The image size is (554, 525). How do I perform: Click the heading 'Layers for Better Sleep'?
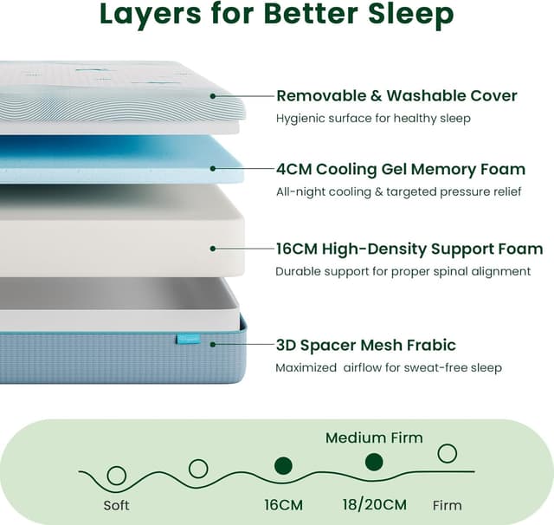tap(276, 15)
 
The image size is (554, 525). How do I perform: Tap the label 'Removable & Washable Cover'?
tap(396, 95)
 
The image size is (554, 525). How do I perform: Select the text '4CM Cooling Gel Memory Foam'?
tap(400, 169)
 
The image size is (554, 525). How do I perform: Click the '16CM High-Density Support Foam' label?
tap(408, 250)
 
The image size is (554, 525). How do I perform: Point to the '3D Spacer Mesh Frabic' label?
tap(365, 345)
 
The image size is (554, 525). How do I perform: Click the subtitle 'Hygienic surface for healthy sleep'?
tap(373, 118)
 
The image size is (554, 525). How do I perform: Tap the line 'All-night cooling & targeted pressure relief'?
tap(398, 191)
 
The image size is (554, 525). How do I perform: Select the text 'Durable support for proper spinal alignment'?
tap(403, 271)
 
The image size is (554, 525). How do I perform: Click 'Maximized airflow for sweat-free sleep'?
tap(388, 367)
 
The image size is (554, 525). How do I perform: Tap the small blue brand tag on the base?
tap(188, 339)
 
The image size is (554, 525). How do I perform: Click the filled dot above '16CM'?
tap(283, 466)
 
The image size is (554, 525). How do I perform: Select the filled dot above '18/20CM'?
tap(374, 462)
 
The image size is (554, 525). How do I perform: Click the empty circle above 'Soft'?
tap(116, 475)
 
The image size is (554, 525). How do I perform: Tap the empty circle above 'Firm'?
tap(447, 453)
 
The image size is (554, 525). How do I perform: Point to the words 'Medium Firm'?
tap(374, 437)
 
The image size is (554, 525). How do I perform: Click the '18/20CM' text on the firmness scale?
tap(374, 504)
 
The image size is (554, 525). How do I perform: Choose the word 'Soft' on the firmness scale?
tap(116, 505)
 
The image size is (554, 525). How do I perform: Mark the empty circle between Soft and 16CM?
tap(198, 469)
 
